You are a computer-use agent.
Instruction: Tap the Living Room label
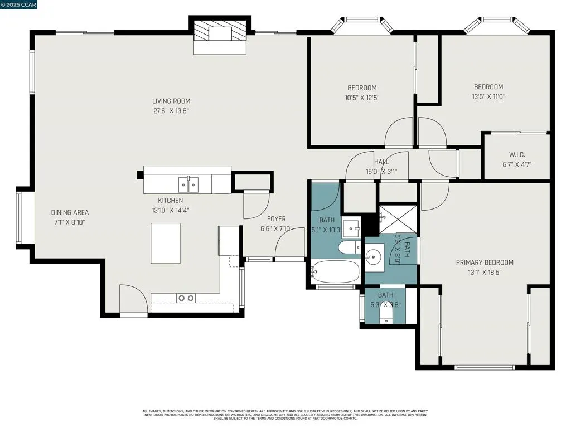tap(171, 101)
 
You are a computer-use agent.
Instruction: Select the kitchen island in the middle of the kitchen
tap(166, 243)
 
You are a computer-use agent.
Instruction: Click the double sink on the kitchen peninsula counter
tap(188, 183)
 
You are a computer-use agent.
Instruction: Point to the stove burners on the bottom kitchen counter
tap(186, 298)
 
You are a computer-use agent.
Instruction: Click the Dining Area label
tap(70, 212)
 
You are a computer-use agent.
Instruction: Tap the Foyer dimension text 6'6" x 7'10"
tap(277, 229)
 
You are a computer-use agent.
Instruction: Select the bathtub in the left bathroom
tap(335, 273)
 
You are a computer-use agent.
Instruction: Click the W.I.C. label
tap(517, 154)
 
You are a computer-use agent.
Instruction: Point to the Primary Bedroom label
tap(485, 262)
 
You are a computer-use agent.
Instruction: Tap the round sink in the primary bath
tap(374, 257)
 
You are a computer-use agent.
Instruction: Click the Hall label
tap(381, 162)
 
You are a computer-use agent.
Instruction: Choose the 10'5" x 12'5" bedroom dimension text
tap(362, 98)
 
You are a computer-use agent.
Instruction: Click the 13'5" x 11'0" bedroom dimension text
tap(488, 97)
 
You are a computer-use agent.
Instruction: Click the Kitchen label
tap(170, 201)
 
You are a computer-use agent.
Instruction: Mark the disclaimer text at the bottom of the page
tap(285, 415)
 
